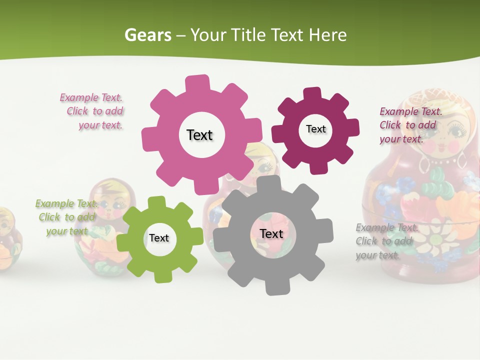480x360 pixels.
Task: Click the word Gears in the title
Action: (x=148, y=35)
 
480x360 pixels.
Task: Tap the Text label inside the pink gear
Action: (x=199, y=135)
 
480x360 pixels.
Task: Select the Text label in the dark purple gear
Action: (x=315, y=129)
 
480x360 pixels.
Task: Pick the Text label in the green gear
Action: (x=159, y=238)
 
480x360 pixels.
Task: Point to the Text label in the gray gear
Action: (x=271, y=233)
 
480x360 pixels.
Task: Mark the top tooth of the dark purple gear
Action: (x=312, y=93)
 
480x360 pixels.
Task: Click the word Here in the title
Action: (x=328, y=35)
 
